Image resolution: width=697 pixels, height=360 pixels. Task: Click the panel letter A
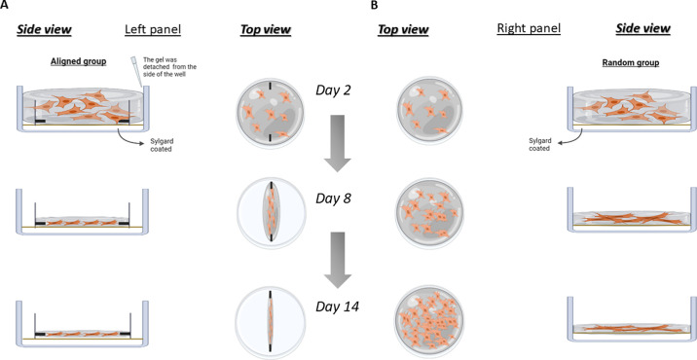(4, 4)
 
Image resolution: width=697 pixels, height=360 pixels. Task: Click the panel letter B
(374, 4)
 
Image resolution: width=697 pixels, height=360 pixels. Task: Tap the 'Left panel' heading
(153, 29)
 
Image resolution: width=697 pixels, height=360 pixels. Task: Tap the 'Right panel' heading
(529, 29)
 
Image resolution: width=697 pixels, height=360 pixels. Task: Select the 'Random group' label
(631, 62)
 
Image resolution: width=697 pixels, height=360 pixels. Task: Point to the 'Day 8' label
(333, 198)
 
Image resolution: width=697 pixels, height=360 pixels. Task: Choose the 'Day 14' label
(337, 306)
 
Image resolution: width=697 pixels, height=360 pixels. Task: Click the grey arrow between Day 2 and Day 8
(338, 143)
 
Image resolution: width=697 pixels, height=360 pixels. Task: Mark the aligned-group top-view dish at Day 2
(271, 110)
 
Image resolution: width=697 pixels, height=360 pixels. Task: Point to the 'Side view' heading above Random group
(642, 29)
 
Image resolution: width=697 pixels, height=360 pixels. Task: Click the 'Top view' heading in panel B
(403, 30)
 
